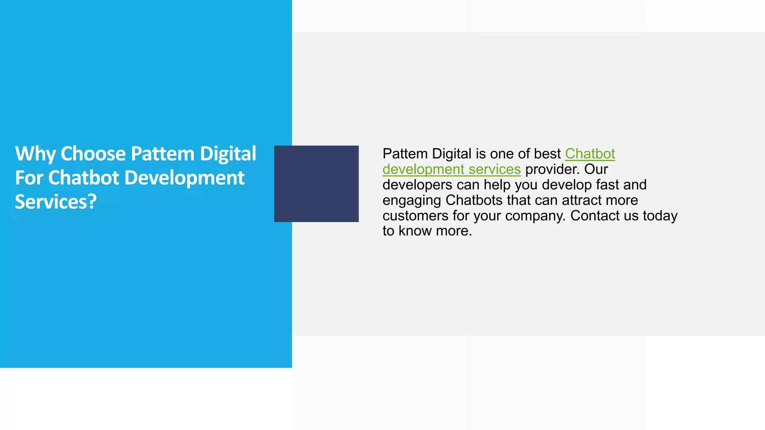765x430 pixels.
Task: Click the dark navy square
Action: (316, 184)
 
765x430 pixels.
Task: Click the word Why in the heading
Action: (35, 154)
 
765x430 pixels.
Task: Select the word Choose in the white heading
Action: (93, 154)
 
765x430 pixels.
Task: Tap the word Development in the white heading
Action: (184, 178)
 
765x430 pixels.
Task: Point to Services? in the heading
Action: (56, 202)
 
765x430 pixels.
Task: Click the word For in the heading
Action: (29, 178)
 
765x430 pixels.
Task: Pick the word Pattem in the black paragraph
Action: (405, 154)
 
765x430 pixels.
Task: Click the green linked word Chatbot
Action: (590, 154)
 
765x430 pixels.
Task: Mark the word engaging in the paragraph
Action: (412, 200)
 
